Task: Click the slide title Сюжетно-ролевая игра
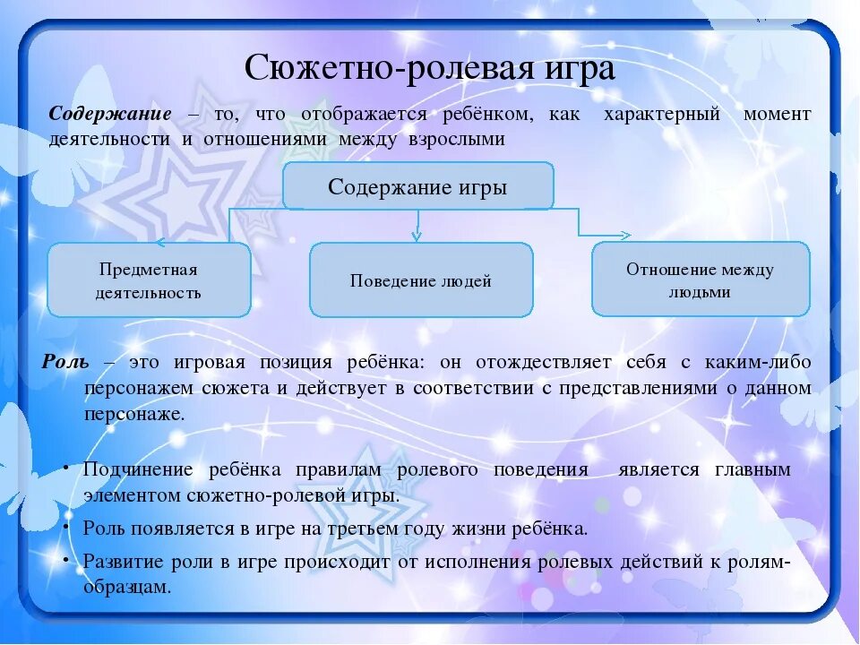click(430, 68)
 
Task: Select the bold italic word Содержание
click(110, 115)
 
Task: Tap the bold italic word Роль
click(65, 363)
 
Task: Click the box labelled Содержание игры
click(418, 187)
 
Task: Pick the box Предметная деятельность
click(149, 280)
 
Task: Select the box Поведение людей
click(421, 280)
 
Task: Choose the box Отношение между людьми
click(701, 280)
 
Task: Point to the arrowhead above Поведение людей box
click(417, 236)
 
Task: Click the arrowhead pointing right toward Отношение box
click(624, 235)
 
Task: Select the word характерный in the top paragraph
click(662, 115)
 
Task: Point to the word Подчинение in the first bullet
click(138, 470)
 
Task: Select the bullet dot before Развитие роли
click(68, 557)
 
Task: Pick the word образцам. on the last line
click(126, 587)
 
